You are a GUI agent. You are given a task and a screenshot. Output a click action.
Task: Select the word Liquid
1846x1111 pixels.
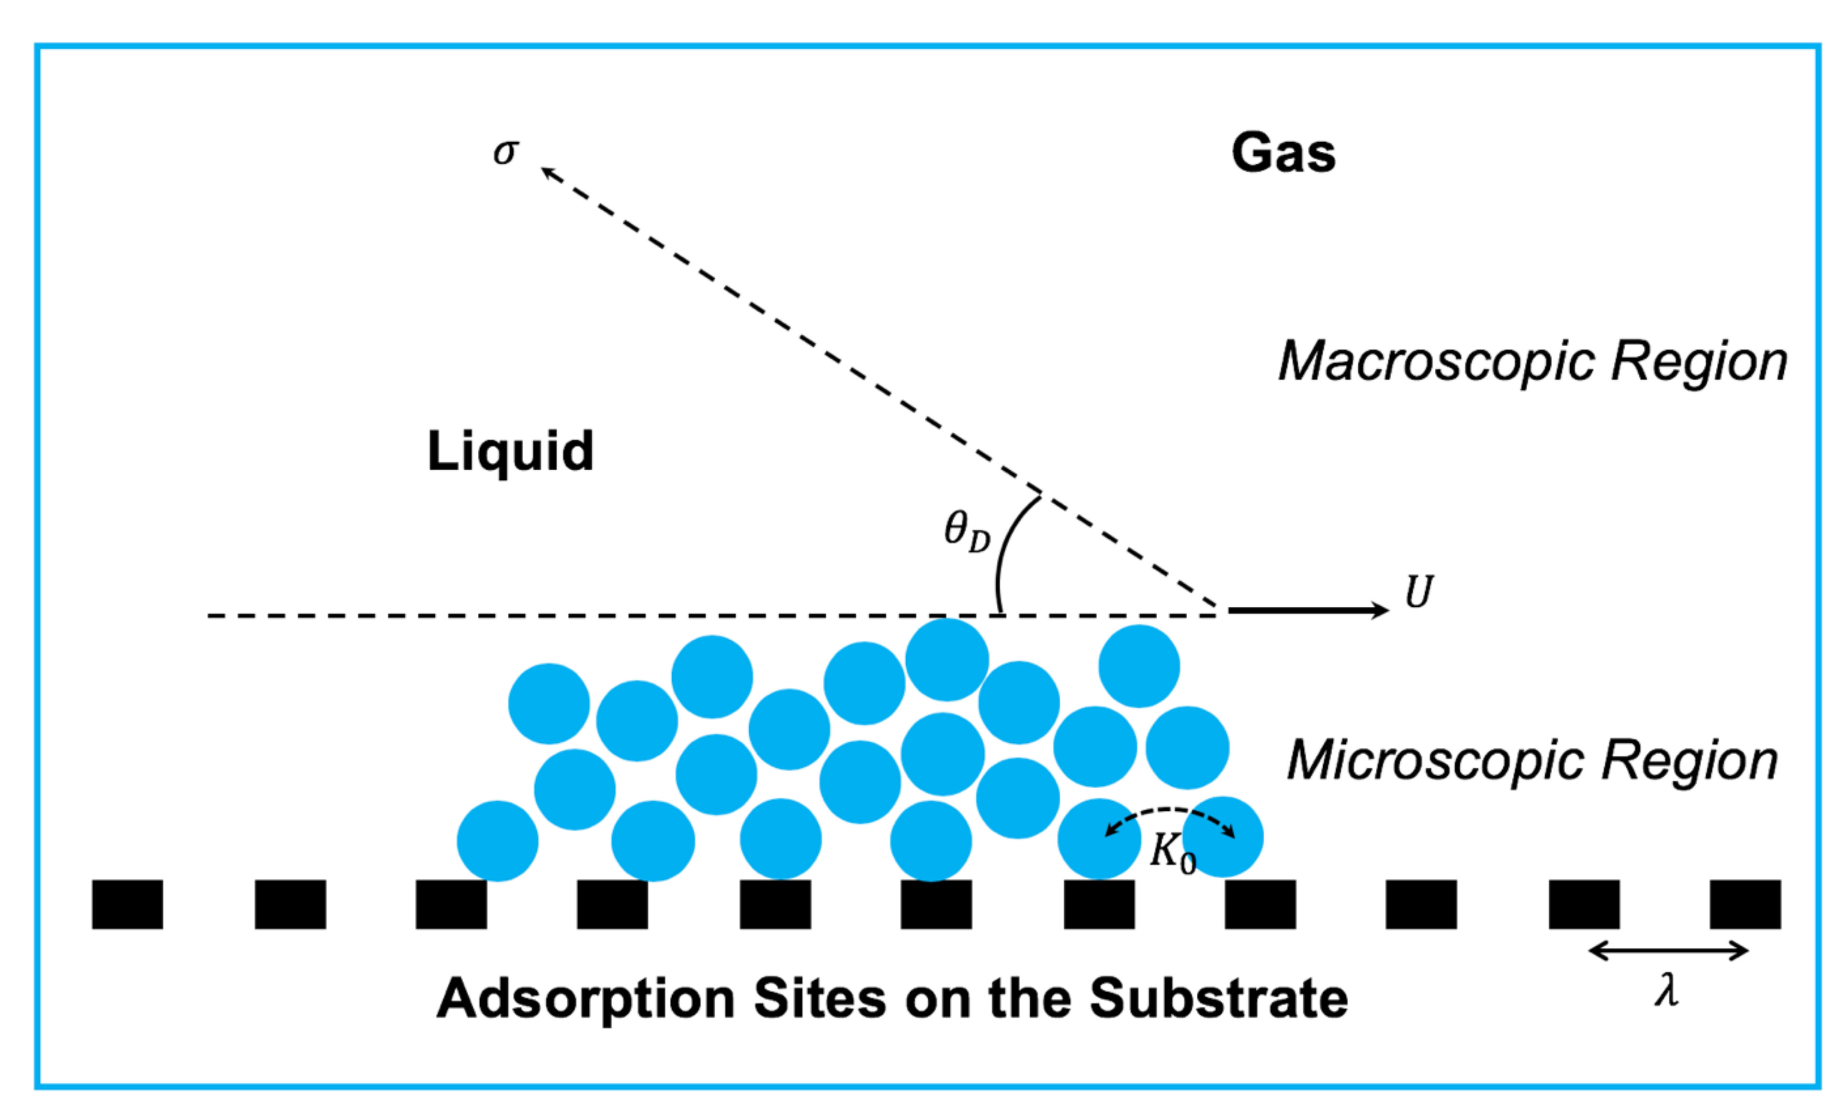(x=510, y=452)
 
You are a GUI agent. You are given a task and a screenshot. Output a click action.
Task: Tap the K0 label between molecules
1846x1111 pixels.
(x=1172, y=853)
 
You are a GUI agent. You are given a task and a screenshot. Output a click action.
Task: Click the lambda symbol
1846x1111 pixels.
(x=1666, y=991)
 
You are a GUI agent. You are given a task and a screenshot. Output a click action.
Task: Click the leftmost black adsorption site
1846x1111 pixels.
(x=127, y=905)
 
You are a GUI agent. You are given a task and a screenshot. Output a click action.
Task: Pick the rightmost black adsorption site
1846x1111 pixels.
(x=1745, y=905)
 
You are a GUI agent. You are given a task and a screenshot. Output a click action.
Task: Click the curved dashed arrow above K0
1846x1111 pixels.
(x=1170, y=811)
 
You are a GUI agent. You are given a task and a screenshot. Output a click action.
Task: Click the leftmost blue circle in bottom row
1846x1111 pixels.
(x=497, y=841)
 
